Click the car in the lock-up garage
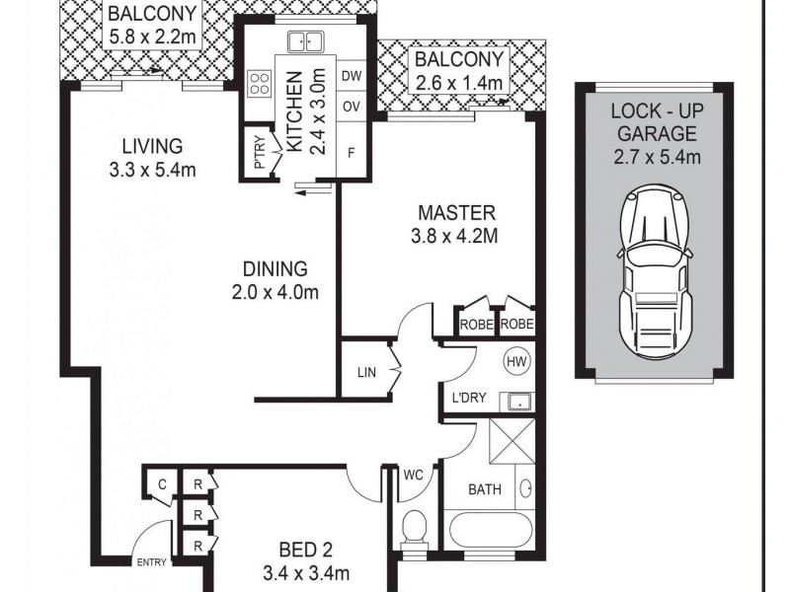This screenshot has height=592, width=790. [655, 270]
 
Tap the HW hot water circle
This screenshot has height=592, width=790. [516, 362]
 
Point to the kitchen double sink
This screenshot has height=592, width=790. [305, 41]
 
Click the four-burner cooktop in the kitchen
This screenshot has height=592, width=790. [260, 84]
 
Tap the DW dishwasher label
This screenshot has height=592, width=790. [352, 76]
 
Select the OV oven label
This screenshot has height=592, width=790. [352, 107]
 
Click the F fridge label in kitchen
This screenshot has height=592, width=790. [352, 153]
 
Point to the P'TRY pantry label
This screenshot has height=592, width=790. [260, 153]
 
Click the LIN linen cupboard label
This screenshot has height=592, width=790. [366, 373]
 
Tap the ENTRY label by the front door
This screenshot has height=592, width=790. [151, 562]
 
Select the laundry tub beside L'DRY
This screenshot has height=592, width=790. [516, 402]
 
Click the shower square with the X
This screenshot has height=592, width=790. [513, 440]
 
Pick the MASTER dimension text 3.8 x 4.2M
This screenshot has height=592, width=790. [454, 236]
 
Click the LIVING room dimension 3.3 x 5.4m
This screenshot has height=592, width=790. [152, 170]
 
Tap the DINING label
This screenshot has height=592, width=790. [276, 269]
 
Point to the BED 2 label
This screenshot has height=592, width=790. [306, 550]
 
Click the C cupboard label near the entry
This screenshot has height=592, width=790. [162, 484]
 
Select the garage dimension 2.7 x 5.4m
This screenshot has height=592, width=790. [657, 157]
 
